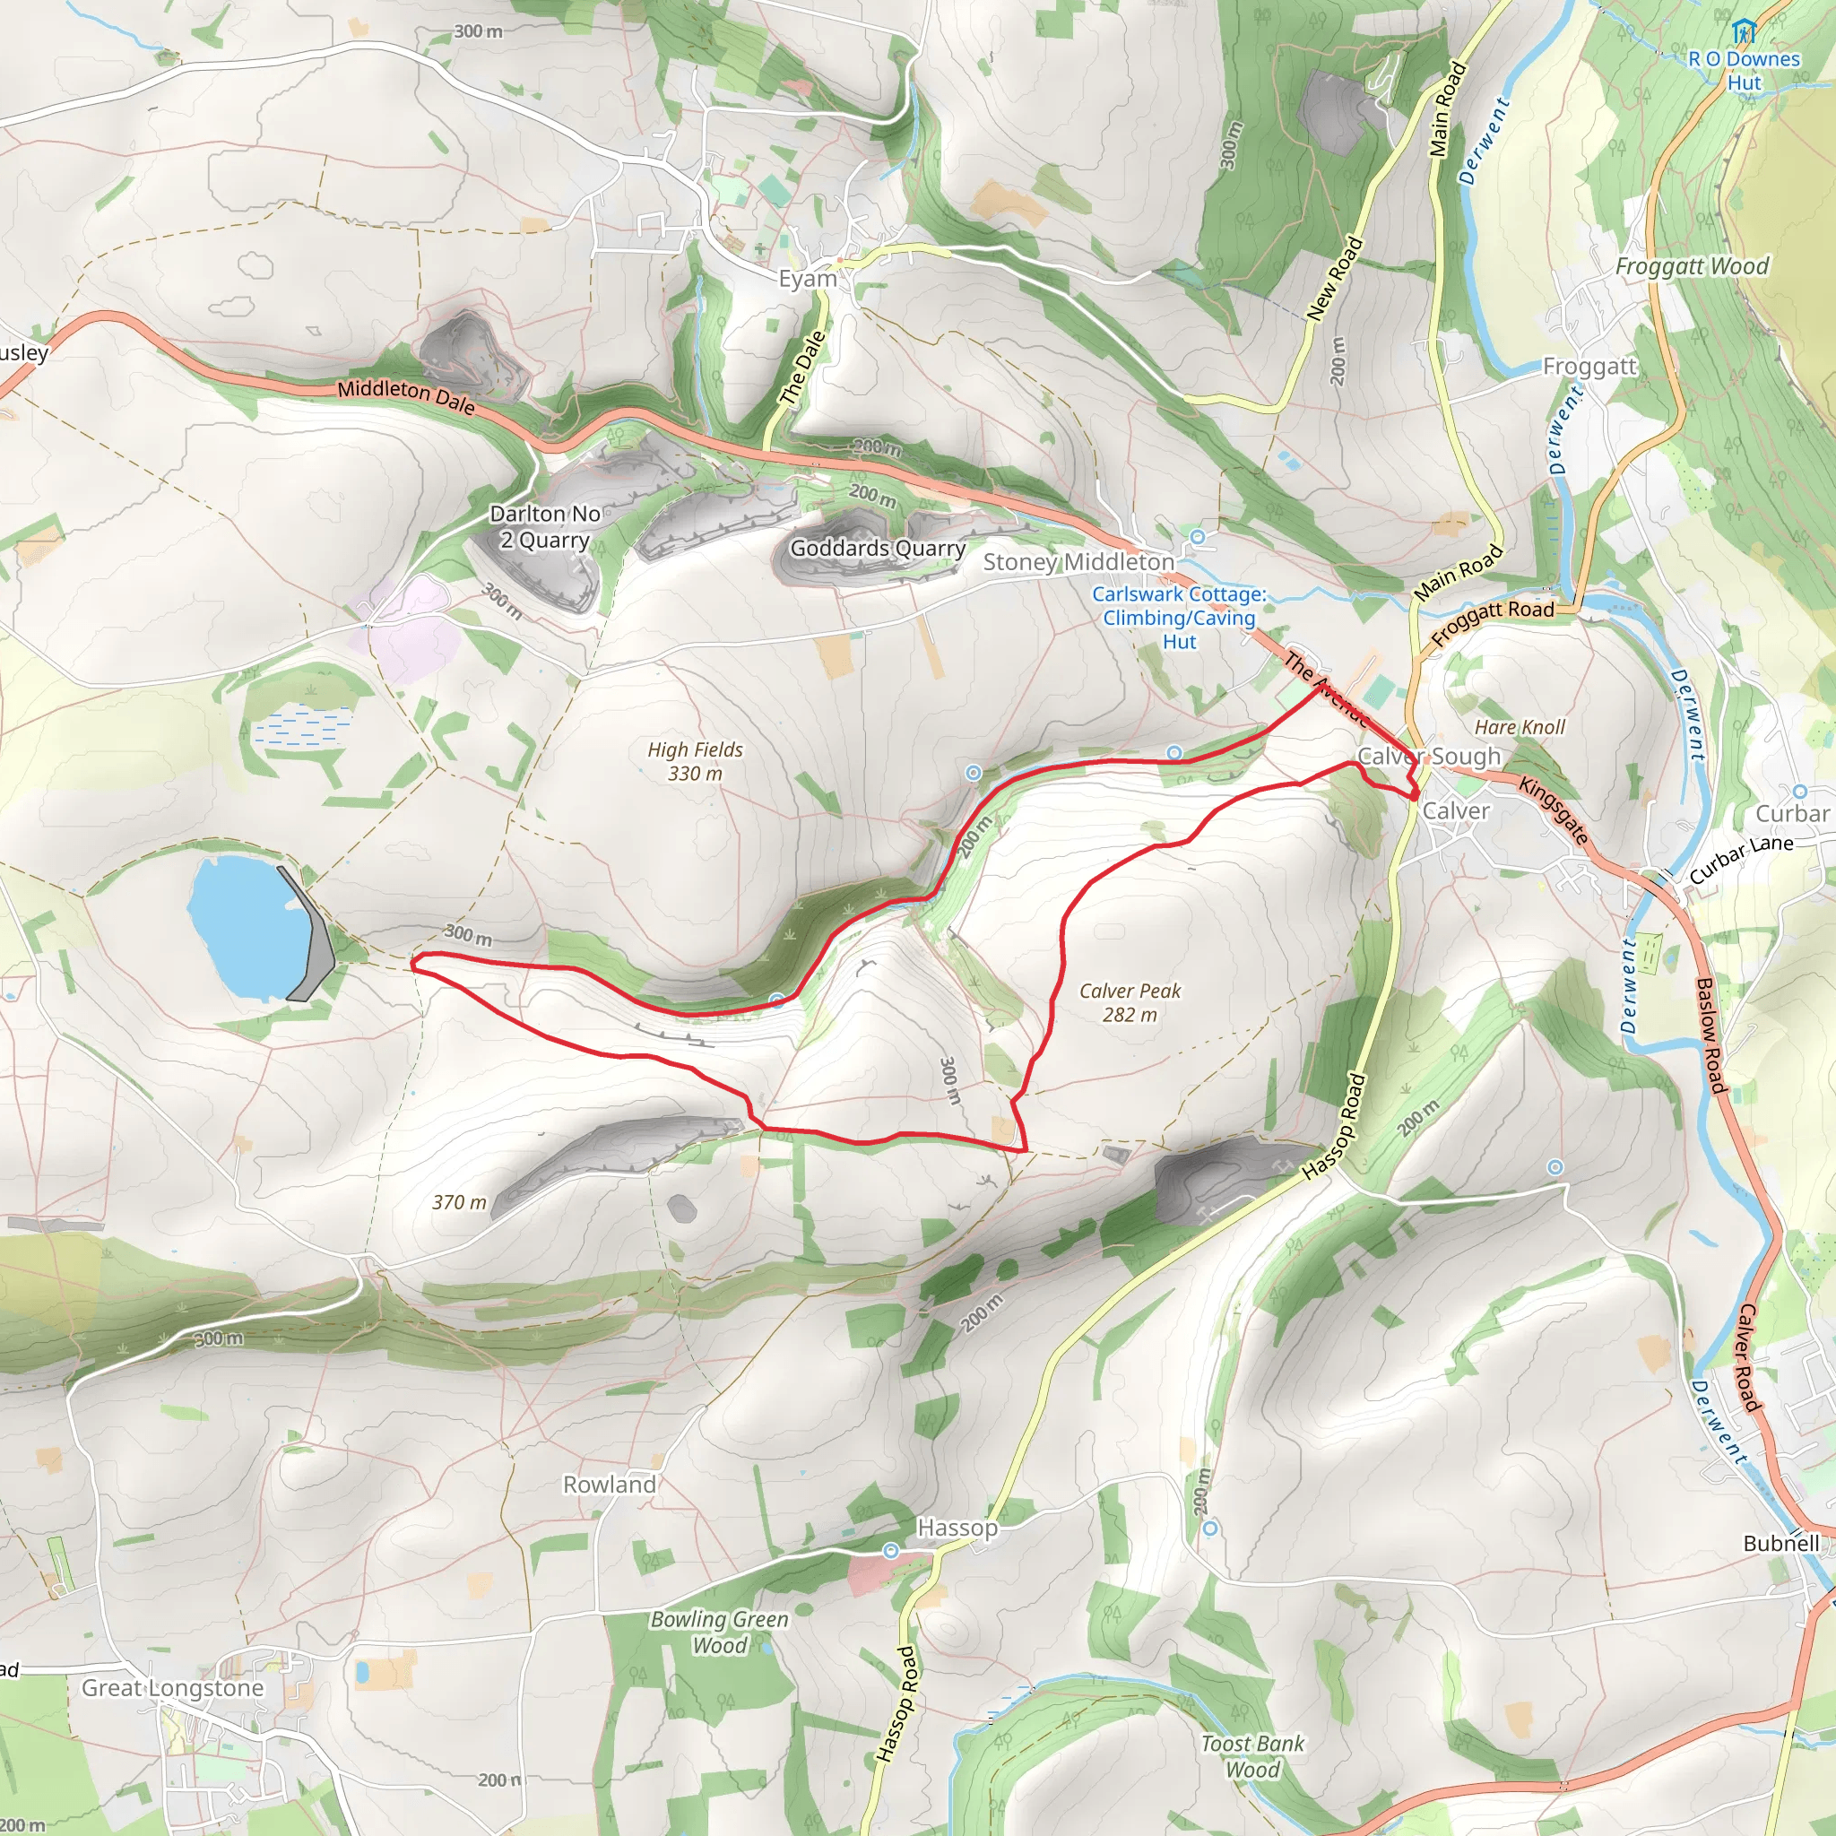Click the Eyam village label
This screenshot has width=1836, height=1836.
(807, 279)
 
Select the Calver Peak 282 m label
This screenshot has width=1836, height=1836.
(1129, 1002)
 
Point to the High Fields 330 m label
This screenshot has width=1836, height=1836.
(695, 761)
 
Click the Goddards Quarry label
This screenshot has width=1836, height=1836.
(877, 549)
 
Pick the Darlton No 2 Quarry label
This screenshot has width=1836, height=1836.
(544, 526)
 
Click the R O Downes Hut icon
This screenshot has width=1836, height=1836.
(1743, 32)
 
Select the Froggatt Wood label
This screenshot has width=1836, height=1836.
(1692, 266)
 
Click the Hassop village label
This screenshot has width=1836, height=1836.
(957, 1527)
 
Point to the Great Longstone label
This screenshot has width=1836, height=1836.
(172, 1688)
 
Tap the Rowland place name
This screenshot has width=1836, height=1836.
(609, 1485)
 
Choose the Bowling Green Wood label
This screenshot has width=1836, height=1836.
(719, 1632)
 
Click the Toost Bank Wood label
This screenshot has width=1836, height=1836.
(1251, 1756)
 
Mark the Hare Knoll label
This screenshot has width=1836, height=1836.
(1519, 727)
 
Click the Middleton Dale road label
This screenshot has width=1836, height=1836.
(406, 396)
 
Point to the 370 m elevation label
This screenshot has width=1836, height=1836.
(459, 1202)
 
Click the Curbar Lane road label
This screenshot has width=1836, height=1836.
(1741, 860)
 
